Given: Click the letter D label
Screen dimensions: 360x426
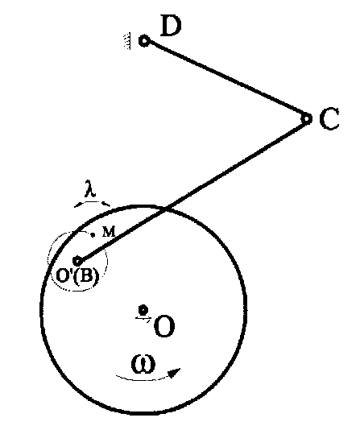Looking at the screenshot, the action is tap(171, 26).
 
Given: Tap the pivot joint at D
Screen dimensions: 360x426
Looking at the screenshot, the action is tap(144, 41).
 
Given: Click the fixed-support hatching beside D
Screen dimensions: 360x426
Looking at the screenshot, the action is tap(127, 41).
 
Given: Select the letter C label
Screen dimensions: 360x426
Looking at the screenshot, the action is tap(329, 118).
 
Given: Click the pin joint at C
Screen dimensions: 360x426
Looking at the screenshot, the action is tap(307, 118).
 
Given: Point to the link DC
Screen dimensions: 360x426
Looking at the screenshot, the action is tap(226, 80).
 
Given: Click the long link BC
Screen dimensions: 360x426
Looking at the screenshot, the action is tap(192, 190).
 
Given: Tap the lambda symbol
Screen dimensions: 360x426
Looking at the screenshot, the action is tap(89, 188).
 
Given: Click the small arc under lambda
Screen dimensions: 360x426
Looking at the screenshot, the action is tap(92, 202).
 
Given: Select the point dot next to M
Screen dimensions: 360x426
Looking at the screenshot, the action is tap(93, 234).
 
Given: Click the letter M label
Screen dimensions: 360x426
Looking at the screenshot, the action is tap(109, 232).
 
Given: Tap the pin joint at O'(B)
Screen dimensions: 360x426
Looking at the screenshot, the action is tap(77, 261).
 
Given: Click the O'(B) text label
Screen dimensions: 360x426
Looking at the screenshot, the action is tap(77, 275).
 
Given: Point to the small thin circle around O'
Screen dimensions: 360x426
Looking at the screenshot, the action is tap(107, 261).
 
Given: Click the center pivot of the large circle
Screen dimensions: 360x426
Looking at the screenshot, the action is tap(143, 310).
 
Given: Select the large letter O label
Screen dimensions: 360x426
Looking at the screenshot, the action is tap(164, 326).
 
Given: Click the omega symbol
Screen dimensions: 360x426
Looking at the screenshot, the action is tap(143, 364).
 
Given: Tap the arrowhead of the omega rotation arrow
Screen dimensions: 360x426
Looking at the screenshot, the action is tap(175, 373).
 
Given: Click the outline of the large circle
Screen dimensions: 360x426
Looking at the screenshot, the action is tap(246, 310).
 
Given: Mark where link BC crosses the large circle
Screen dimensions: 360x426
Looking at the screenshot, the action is tap(167, 209).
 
